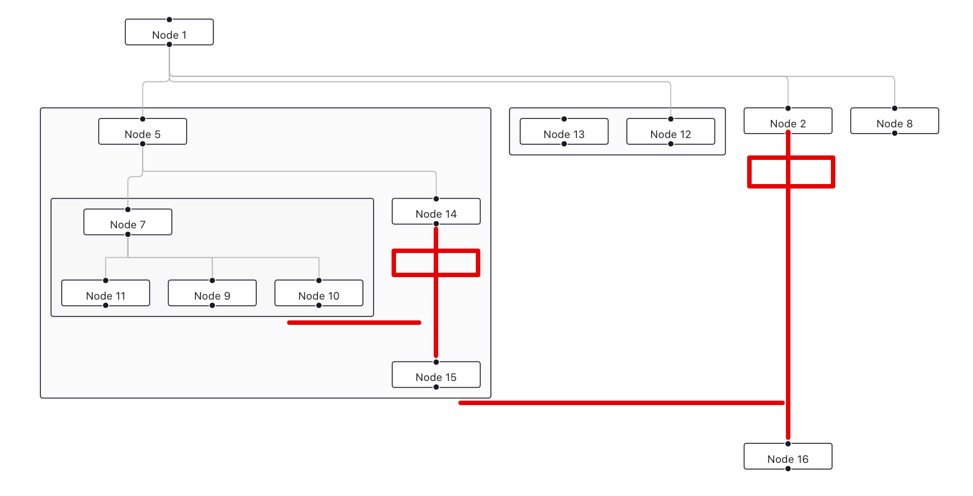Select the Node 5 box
coord(143,132)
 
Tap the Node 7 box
coord(128,222)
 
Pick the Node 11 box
coord(106,293)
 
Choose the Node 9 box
coord(212,293)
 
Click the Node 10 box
coord(319,293)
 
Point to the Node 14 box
coord(436,212)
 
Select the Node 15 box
coord(436,375)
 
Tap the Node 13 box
coord(564,132)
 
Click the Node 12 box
coord(671,132)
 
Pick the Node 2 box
coord(788,121)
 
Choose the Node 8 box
coord(894,121)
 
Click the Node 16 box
coord(788,457)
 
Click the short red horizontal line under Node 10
coord(354,323)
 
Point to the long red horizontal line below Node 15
coord(621,403)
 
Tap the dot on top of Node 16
coord(788,444)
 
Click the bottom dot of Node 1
coord(169,44)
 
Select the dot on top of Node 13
coord(564,119)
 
